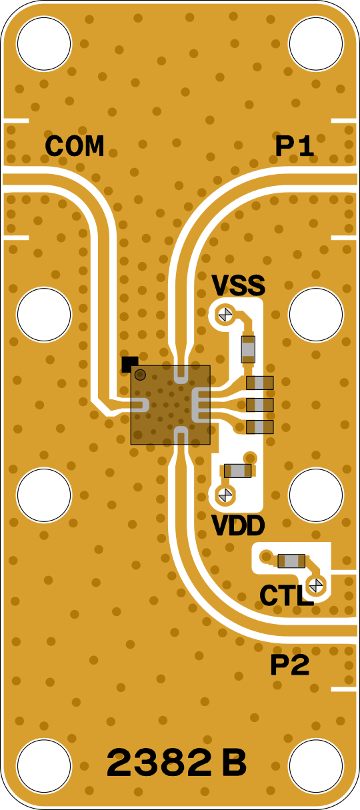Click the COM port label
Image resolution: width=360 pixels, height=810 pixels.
75,146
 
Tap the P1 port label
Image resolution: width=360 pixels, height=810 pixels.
295,147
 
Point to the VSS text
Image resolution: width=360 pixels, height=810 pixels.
238,285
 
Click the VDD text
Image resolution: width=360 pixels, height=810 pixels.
238,525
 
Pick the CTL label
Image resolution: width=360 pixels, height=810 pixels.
286,595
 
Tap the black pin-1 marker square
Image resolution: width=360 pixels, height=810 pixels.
130,364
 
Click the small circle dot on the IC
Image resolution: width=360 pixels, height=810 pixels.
140,375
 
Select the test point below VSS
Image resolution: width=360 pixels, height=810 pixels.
225,314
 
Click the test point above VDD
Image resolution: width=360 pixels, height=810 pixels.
225,494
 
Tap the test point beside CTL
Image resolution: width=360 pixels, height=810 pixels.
315,585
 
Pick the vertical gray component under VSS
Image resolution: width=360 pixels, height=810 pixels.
248,349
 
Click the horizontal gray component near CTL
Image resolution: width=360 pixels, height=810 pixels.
291,561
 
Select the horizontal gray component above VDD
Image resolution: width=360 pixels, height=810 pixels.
237,471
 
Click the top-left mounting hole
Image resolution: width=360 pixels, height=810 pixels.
44,43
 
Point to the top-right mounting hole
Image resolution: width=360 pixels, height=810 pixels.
316,43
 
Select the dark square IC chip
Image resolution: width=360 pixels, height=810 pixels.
170,405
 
